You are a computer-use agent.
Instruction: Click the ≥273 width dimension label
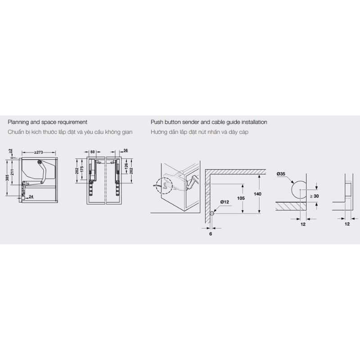[x=39, y=152]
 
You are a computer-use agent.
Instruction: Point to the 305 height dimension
[x=7, y=178]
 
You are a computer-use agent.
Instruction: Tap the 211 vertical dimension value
[x=13, y=172]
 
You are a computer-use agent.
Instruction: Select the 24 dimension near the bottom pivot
[x=31, y=197]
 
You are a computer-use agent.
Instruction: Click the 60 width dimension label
[x=93, y=152]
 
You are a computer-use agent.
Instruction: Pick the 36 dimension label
[x=126, y=151]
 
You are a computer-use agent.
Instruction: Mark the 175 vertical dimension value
[x=82, y=169]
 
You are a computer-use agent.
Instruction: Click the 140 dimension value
[x=257, y=194]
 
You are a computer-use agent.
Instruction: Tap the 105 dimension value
[x=241, y=198]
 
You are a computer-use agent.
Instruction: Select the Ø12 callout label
[x=225, y=202]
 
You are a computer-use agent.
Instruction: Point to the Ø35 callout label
[x=281, y=174]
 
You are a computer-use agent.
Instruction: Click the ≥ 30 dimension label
[x=314, y=196]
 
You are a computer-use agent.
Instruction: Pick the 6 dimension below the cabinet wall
[x=211, y=234]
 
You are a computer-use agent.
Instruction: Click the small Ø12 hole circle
[x=211, y=213]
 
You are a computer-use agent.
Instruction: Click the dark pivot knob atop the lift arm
[x=40, y=162]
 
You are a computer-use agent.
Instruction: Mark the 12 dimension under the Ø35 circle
[x=303, y=224]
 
